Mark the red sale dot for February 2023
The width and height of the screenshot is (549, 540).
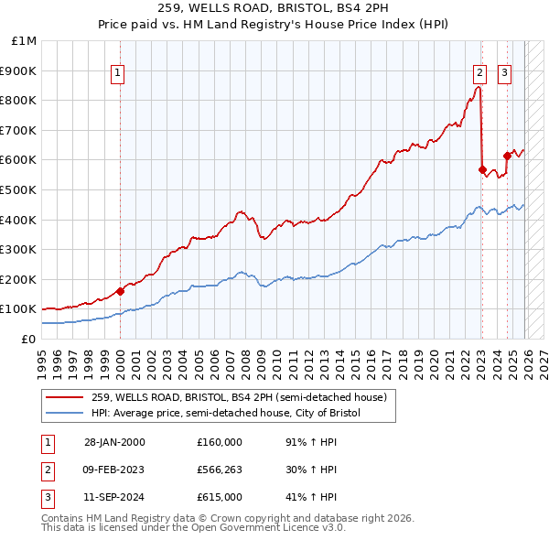click(482, 169)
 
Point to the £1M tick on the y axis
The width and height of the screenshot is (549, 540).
click(25, 40)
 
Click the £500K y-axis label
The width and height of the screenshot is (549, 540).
click(20, 189)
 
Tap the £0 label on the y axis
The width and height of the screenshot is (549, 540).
click(28, 339)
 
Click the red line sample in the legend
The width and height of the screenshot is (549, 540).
click(64, 397)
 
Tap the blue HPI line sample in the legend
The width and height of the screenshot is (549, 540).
click(64, 414)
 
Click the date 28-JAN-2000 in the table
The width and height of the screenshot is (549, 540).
click(114, 442)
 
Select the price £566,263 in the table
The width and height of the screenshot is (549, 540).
click(220, 470)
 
